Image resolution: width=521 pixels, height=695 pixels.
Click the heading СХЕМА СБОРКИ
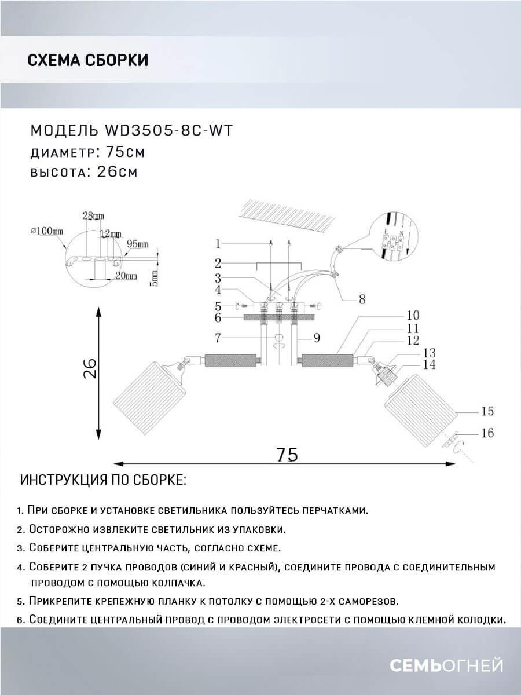coord(87,60)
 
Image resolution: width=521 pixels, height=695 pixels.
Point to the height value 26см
coord(115,173)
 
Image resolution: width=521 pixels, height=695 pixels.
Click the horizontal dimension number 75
coord(287,455)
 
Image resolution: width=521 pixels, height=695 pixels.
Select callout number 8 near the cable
coord(362,299)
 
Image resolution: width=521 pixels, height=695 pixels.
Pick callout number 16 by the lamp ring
coord(487,433)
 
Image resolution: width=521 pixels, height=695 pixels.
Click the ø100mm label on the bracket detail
coord(47,231)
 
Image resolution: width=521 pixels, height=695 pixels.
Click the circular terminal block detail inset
coord(393,237)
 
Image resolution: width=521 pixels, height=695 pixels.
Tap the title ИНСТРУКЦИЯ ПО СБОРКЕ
coord(103,481)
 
